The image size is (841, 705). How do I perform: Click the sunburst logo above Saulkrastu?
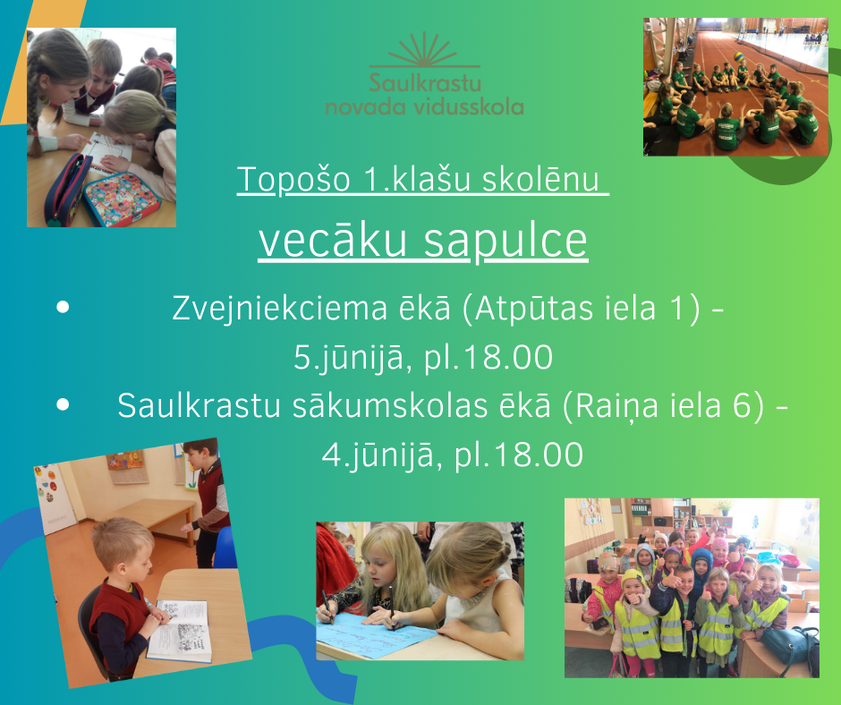(x=424, y=50)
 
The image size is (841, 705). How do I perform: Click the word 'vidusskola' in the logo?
(x=470, y=106)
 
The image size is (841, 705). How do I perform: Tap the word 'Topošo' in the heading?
(x=294, y=179)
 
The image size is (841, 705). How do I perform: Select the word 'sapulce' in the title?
(x=505, y=241)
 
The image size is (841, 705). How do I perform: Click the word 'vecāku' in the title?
(x=333, y=241)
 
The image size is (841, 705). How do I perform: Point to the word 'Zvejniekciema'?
(x=279, y=309)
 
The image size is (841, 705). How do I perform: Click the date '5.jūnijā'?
(x=348, y=357)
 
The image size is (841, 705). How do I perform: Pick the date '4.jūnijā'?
(x=377, y=455)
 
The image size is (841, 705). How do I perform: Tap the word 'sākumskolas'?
(x=390, y=405)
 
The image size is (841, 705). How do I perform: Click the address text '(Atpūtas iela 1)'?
(x=582, y=309)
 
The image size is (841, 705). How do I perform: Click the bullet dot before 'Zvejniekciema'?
(x=63, y=307)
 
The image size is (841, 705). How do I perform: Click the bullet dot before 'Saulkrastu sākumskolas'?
(x=63, y=404)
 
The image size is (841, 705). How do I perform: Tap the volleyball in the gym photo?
(x=739, y=56)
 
